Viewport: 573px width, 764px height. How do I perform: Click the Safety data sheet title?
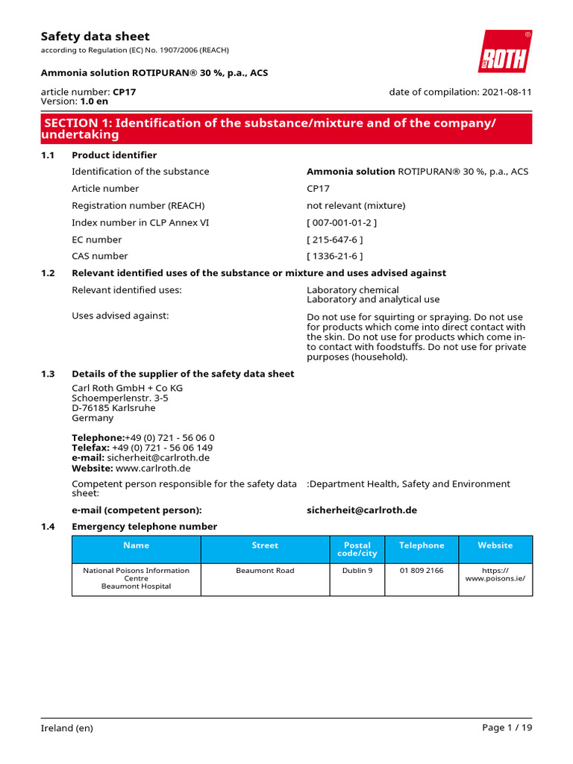(95, 36)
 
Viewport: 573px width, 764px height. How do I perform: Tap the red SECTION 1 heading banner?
(286, 128)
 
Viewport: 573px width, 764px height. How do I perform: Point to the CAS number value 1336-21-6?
(335, 256)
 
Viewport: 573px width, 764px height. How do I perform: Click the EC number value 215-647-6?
(335, 239)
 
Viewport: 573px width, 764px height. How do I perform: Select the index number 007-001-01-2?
(342, 222)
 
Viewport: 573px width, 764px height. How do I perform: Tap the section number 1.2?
(48, 273)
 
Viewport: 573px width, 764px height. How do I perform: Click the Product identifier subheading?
(114, 155)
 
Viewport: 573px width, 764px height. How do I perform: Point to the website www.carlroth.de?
(153, 468)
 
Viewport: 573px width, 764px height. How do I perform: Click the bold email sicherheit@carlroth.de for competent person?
(362, 510)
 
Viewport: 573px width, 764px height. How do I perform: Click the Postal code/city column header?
(357, 549)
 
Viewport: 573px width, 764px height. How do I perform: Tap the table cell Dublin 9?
(357, 570)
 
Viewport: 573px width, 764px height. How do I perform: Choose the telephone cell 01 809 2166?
(421, 570)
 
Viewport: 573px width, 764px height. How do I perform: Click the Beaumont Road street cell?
(265, 570)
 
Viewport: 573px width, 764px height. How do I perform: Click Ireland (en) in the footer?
(67, 727)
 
